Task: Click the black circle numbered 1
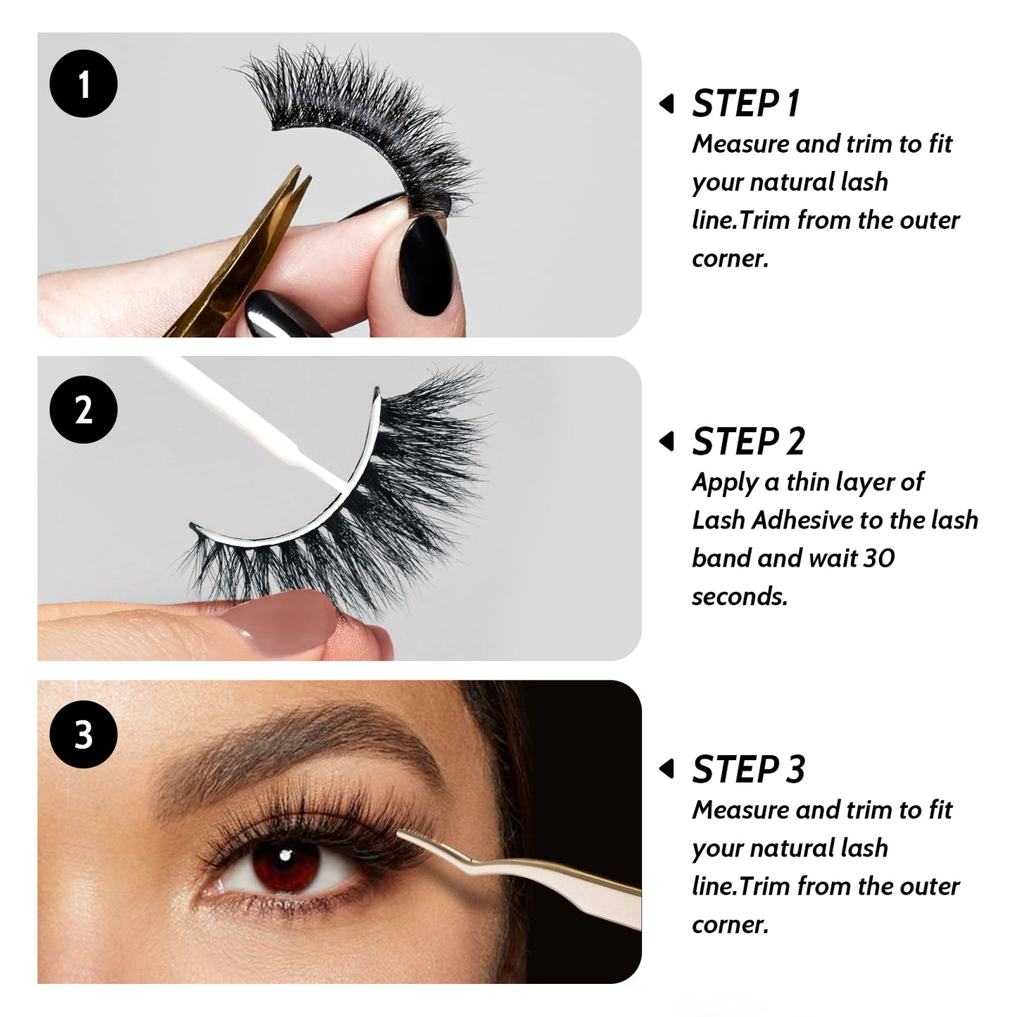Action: tap(83, 83)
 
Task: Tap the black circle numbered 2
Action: tap(83, 409)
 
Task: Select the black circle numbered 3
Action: tap(83, 734)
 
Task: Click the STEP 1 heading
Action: tap(746, 103)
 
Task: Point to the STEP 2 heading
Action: tap(748, 441)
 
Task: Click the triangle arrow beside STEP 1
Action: tap(667, 103)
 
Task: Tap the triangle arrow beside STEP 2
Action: tap(667, 441)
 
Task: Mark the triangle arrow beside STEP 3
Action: tap(667, 769)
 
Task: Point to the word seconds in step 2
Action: tap(740, 597)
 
